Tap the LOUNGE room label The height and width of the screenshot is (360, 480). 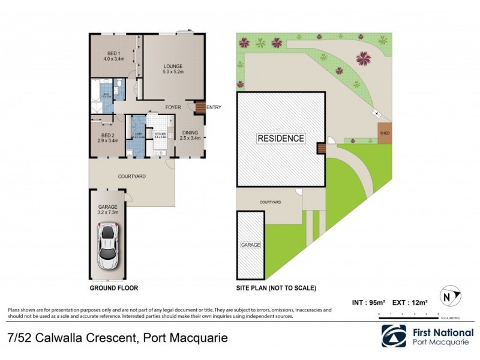[x=173, y=69]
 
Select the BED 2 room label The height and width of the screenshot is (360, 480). [x=108, y=137]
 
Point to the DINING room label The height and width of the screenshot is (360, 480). [x=190, y=135]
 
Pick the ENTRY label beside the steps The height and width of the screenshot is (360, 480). [x=214, y=107]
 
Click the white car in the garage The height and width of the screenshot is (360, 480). [x=108, y=246]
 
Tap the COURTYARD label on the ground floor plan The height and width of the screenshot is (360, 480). [x=131, y=176]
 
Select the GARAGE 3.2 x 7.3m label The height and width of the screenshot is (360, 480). [x=108, y=209]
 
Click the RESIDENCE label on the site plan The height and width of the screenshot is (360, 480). [x=281, y=138]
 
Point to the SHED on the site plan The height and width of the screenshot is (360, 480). [x=384, y=133]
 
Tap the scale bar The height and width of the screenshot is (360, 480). [x=408, y=314]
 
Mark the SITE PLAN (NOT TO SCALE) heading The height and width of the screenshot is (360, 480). [x=276, y=288]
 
